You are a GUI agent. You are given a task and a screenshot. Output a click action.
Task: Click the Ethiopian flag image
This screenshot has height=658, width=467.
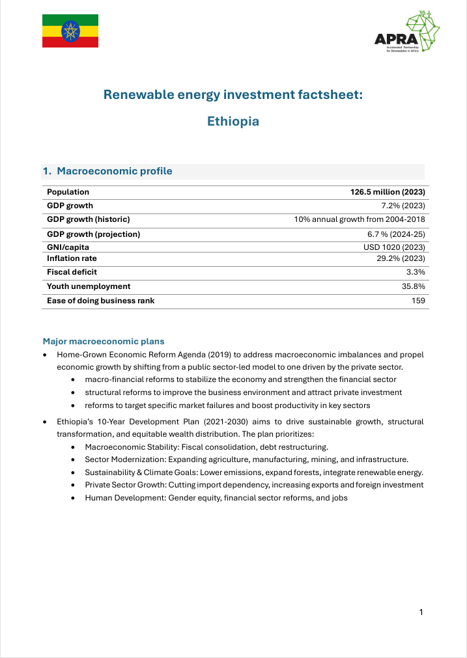click(70, 31)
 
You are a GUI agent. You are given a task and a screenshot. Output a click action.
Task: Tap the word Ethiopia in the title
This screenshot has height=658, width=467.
click(233, 122)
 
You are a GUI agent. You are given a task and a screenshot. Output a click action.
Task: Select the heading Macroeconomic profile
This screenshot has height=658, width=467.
click(114, 171)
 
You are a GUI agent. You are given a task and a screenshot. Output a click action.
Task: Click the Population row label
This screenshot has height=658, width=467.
click(68, 192)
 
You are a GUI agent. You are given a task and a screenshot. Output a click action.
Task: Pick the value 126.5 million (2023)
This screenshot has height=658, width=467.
click(388, 192)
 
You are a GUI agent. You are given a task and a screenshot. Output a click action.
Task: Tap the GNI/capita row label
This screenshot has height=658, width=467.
click(68, 247)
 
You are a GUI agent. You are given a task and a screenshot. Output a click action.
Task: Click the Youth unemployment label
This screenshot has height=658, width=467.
click(89, 286)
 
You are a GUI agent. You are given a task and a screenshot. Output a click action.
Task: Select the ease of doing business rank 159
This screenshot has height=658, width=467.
click(417, 301)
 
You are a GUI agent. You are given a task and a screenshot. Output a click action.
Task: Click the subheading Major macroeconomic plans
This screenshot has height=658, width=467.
click(103, 341)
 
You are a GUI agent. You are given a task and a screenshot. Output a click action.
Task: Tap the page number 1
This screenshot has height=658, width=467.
click(421, 612)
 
